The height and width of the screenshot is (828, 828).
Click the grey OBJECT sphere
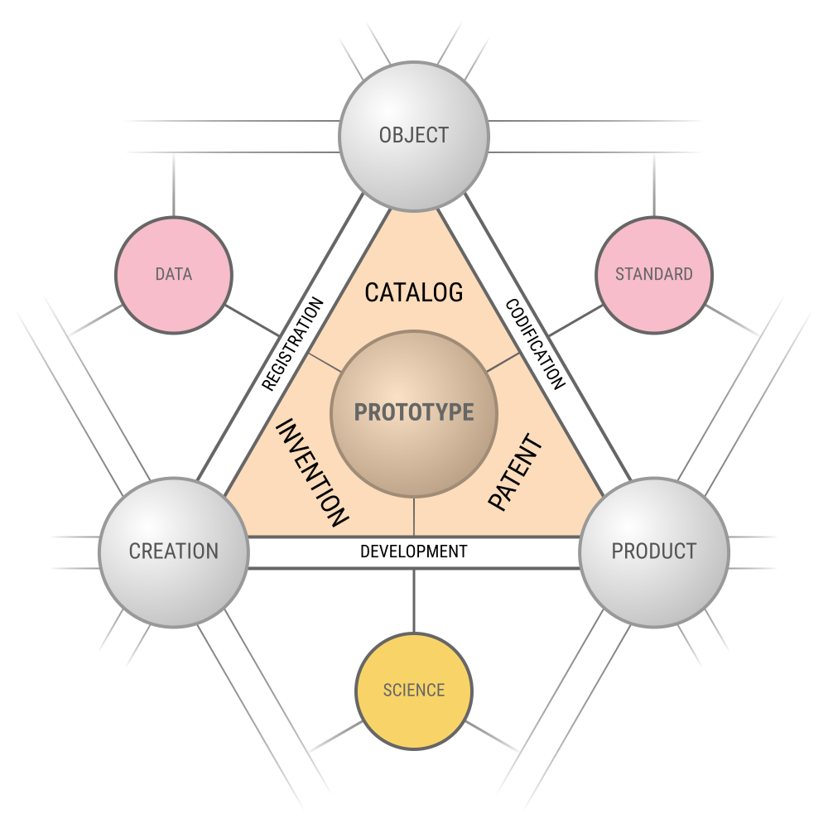coord(414,135)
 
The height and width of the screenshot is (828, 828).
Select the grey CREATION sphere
coord(174,551)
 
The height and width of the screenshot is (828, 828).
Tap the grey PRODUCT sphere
coord(654,551)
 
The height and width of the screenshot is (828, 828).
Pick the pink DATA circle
coord(174,274)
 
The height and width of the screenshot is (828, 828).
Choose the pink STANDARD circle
coord(654,274)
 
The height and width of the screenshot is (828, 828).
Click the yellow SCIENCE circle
coord(414,690)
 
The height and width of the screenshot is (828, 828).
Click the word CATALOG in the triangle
coord(414,292)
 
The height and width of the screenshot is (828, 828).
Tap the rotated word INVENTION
coord(311,473)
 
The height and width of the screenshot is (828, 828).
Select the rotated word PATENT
coord(515,473)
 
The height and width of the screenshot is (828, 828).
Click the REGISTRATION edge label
coord(292,343)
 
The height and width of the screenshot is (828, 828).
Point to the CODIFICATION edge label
coord(536,343)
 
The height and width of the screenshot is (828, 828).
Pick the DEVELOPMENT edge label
coord(414,551)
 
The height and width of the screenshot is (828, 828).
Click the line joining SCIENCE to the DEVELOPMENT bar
coord(414,600)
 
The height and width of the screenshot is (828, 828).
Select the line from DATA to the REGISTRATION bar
coord(253,320)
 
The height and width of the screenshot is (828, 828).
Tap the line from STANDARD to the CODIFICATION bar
coord(575,320)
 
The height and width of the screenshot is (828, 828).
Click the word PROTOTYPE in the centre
coord(414,412)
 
